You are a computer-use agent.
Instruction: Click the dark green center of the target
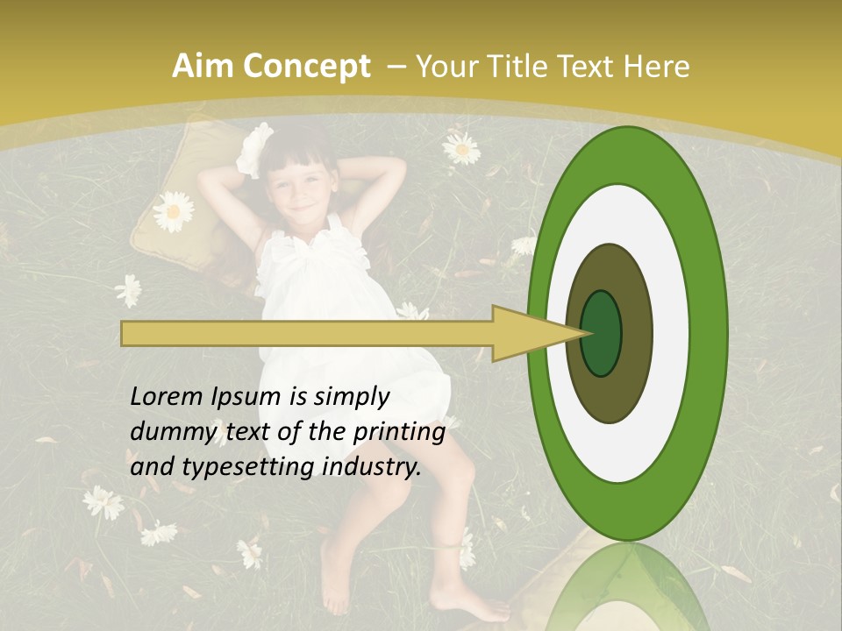click(x=602, y=334)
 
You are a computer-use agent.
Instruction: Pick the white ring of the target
click(x=670, y=333)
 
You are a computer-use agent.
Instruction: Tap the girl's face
click(x=303, y=195)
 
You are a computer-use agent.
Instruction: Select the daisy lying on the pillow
click(x=174, y=211)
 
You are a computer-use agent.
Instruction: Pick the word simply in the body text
click(x=351, y=397)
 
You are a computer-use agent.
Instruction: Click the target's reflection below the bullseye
click(x=626, y=592)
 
